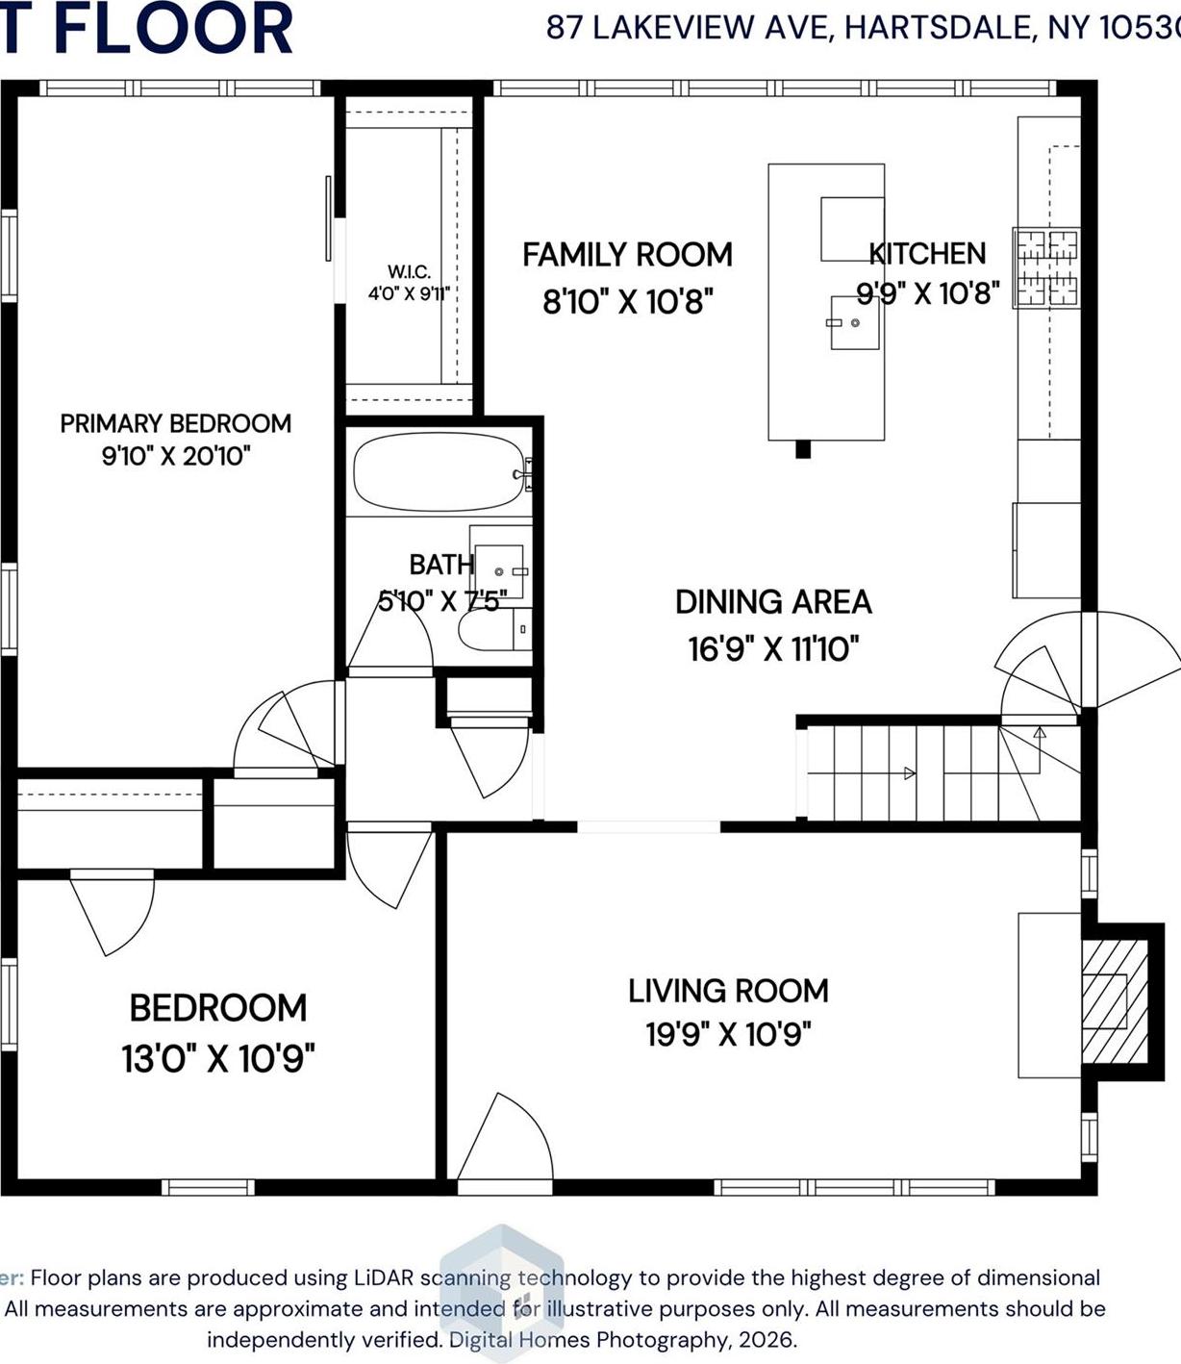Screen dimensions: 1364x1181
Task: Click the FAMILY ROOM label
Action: (627, 255)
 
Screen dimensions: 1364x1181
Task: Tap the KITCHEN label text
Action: (927, 254)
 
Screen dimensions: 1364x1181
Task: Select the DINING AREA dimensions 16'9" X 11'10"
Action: (773, 649)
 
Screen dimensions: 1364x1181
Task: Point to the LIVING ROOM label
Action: (728, 991)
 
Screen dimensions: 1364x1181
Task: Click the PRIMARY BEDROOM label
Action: (175, 423)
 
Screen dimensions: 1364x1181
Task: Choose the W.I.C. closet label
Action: (409, 272)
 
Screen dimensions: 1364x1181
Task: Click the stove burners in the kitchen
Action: (1046, 267)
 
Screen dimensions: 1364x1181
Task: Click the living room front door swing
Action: (507, 1140)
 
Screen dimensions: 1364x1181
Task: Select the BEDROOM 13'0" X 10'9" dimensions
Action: (218, 1059)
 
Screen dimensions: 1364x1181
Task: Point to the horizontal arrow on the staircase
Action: (908, 772)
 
